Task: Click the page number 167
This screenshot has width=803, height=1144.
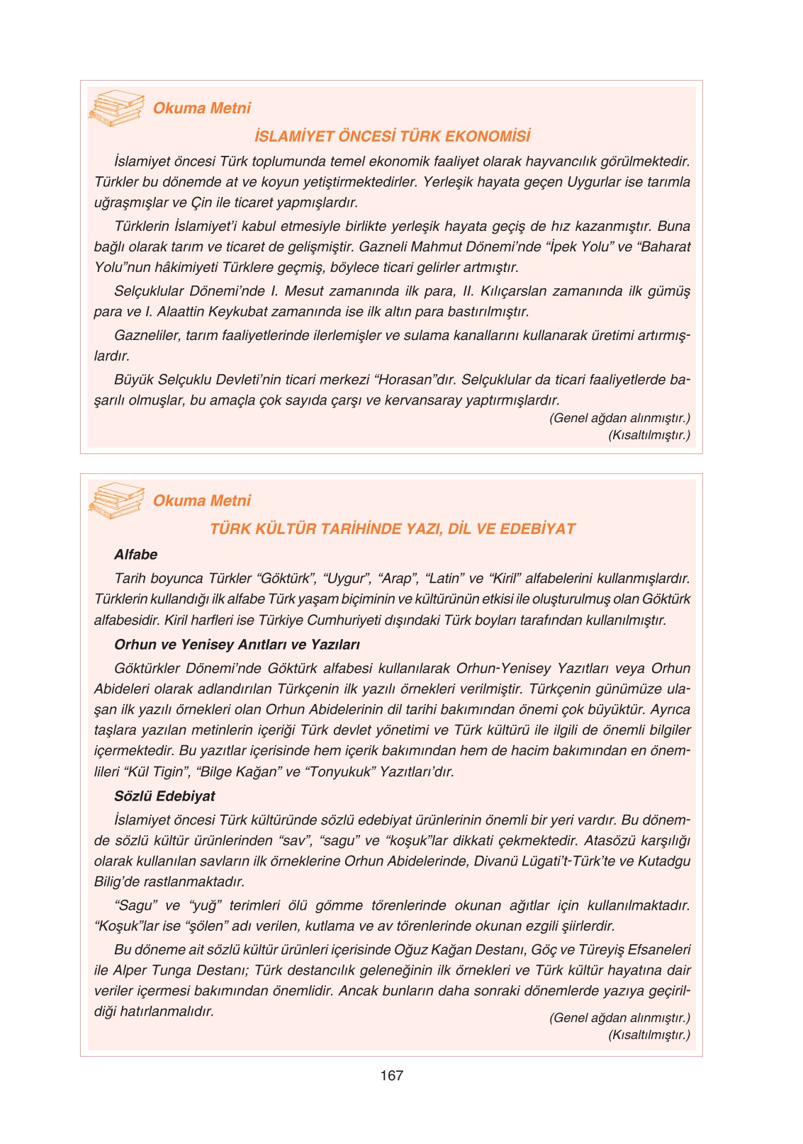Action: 391,1075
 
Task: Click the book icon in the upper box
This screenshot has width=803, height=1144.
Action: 116,108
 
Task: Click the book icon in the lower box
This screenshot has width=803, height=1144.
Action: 116,500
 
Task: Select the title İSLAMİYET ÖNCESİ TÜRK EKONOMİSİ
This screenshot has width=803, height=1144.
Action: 392,136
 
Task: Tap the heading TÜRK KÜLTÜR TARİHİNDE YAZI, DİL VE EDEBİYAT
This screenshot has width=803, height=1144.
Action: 392,529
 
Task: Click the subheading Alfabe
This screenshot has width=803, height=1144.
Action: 135,555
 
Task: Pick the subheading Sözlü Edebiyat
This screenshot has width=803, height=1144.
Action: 164,796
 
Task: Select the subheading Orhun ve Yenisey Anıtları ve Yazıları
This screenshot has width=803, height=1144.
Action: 237,645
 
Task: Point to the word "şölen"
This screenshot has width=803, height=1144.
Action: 213,926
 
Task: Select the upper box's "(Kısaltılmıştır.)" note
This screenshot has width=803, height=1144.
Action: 648,435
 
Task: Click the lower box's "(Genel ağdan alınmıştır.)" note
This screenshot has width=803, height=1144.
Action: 619,1018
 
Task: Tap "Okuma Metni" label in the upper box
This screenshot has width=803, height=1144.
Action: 202,108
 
